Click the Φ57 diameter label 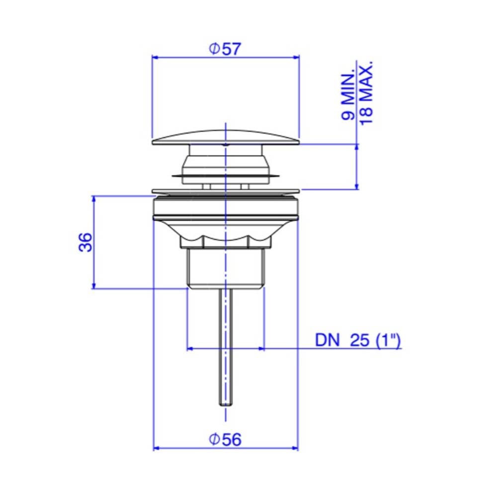(225, 49)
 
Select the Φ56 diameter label (225, 440)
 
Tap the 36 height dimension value (85, 243)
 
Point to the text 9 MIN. (348, 97)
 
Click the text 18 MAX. (366, 93)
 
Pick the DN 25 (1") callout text (358, 340)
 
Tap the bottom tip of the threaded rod (225, 405)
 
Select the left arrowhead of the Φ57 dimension (155, 57)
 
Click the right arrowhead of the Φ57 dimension (296, 57)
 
